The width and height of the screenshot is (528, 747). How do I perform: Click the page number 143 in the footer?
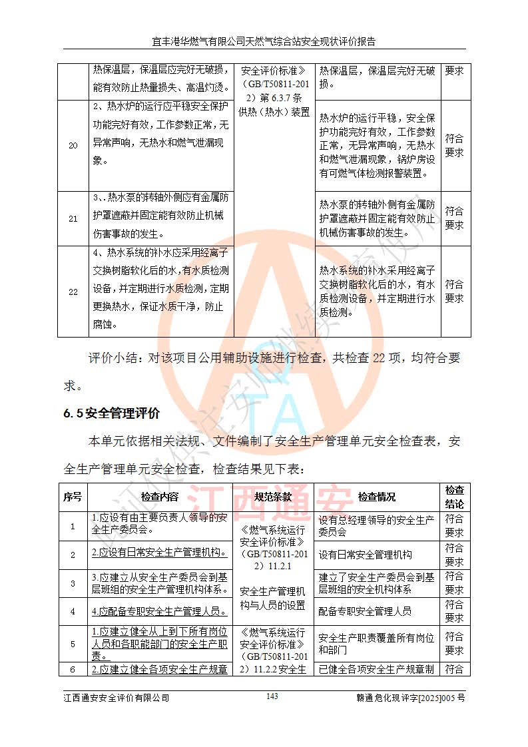[x=272, y=696]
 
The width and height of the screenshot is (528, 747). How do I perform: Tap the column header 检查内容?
[x=160, y=497]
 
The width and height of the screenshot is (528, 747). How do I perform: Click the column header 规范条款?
[x=273, y=497]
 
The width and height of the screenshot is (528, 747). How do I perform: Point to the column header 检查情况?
[x=377, y=497]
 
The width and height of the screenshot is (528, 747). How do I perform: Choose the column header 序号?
[x=73, y=497]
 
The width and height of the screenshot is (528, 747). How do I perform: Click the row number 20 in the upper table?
[x=73, y=146]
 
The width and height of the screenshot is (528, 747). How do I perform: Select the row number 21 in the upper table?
[x=73, y=219]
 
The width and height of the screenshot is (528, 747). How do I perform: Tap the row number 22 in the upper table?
[x=73, y=292]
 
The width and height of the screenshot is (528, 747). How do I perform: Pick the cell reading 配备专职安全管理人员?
[x=366, y=611]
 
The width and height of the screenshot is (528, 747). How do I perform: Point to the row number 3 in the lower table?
[x=73, y=583]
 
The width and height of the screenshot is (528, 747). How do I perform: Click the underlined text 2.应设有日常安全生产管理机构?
[x=160, y=553]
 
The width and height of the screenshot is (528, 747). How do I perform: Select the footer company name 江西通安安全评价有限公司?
[x=117, y=698]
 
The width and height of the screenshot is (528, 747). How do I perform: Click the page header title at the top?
[x=264, y=41]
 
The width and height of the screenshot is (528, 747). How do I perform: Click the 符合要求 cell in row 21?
[x=454, y=218]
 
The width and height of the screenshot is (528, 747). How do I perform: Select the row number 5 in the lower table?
[x=73, y=644]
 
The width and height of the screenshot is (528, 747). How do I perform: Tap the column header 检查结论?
[x=454, y=497]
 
